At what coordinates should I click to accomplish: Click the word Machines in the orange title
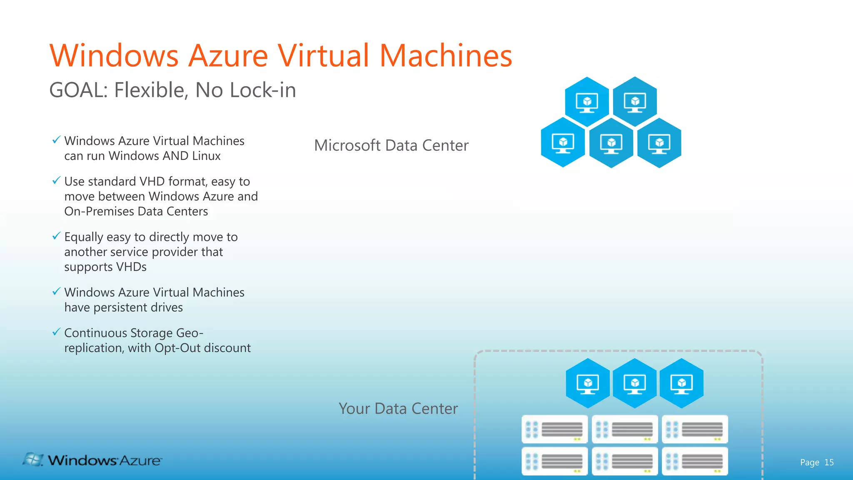[x=446, y=55]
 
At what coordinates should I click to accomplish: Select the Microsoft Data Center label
[x=391, y=145]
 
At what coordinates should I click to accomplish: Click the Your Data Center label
[x=398, y=409]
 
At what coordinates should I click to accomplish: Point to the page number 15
[x=829, y=462]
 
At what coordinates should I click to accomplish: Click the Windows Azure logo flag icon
[x=33, y=460]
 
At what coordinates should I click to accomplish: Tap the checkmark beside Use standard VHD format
[x=56, y=180]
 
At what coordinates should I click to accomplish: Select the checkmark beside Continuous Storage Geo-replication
[x=56, y=332]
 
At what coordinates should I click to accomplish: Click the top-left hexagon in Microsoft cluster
[x=587, y=102]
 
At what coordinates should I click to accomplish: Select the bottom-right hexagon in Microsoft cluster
[x=659, y=143]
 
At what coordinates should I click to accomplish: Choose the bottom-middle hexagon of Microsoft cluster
[x=611, y=143]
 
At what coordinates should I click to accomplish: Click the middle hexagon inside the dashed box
[x=635, y=383]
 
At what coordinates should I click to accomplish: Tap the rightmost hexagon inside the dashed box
[x=682, y=383]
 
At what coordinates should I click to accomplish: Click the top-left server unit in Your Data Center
[x=554, y=429]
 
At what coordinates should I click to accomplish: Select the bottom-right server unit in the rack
[x=695, y=461]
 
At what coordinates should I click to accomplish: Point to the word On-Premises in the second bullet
[x=99, y=211]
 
